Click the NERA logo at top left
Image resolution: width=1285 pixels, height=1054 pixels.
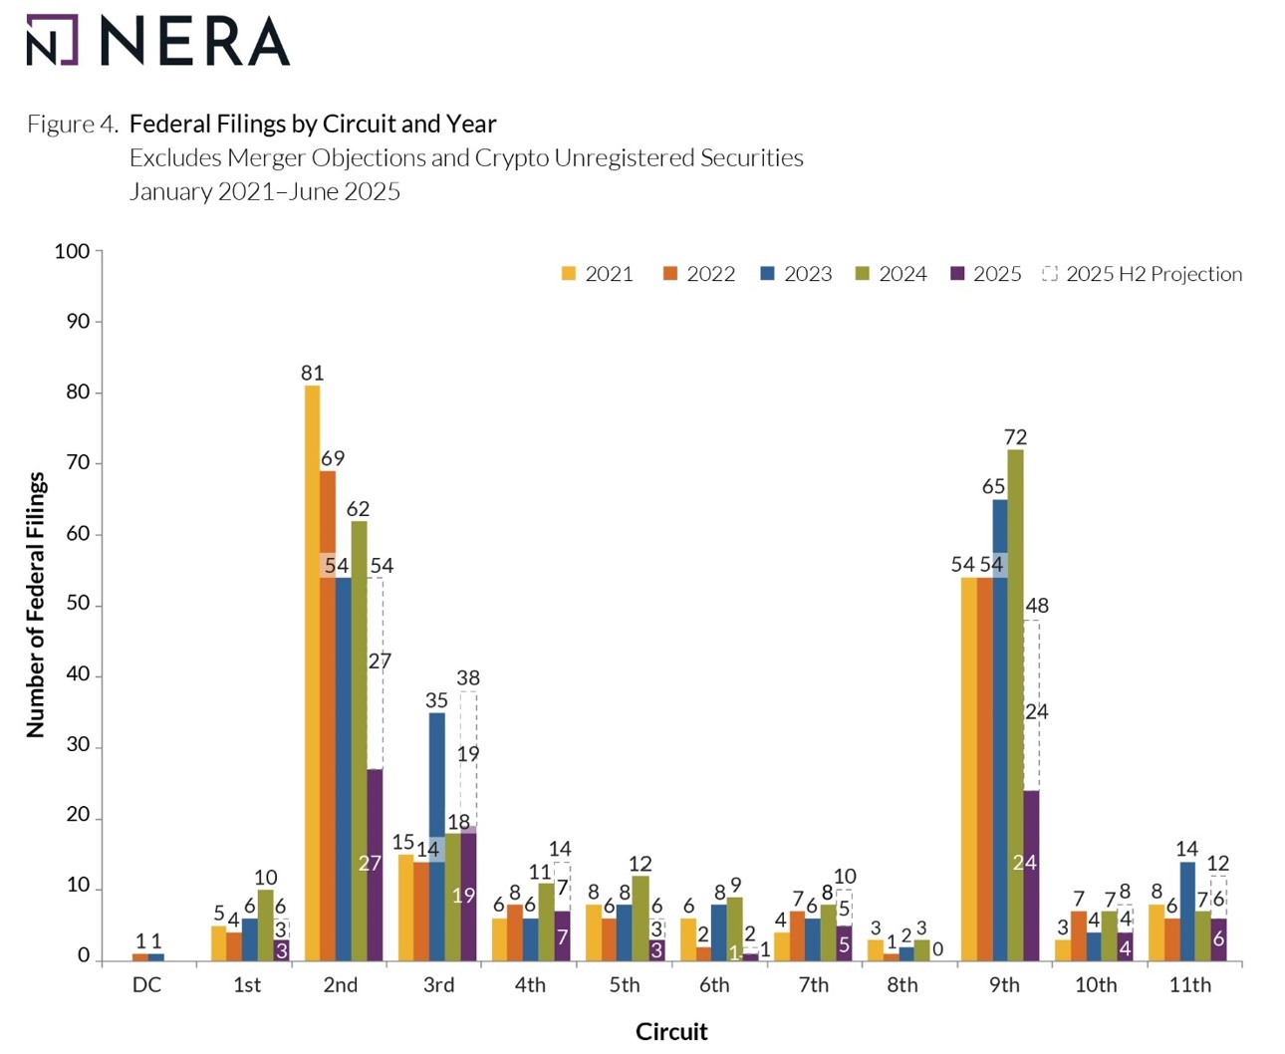(157, 41)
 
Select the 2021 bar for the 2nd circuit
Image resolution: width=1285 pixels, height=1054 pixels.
(312, 672)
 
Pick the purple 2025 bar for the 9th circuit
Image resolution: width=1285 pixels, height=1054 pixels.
(1030, 877)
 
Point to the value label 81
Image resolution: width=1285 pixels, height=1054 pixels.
(312, 374)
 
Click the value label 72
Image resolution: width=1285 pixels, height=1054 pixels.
(1015, 437)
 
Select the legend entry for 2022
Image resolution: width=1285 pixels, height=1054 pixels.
(699, 274)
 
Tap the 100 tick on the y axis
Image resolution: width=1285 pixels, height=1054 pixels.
(72, 251)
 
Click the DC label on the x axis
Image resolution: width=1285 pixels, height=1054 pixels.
(146, 985)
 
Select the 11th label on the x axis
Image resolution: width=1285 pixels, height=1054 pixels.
(1189, 985)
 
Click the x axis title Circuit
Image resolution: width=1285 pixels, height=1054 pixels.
(671, 1032)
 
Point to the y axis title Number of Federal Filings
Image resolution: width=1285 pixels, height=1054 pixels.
(36, 605)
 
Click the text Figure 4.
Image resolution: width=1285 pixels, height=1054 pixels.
(73, 125)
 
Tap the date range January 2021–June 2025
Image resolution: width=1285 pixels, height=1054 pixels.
(265, 191)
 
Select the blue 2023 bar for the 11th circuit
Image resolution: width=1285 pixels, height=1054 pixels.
(1186, 912)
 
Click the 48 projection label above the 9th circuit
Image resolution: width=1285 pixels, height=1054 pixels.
(1036, 606)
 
